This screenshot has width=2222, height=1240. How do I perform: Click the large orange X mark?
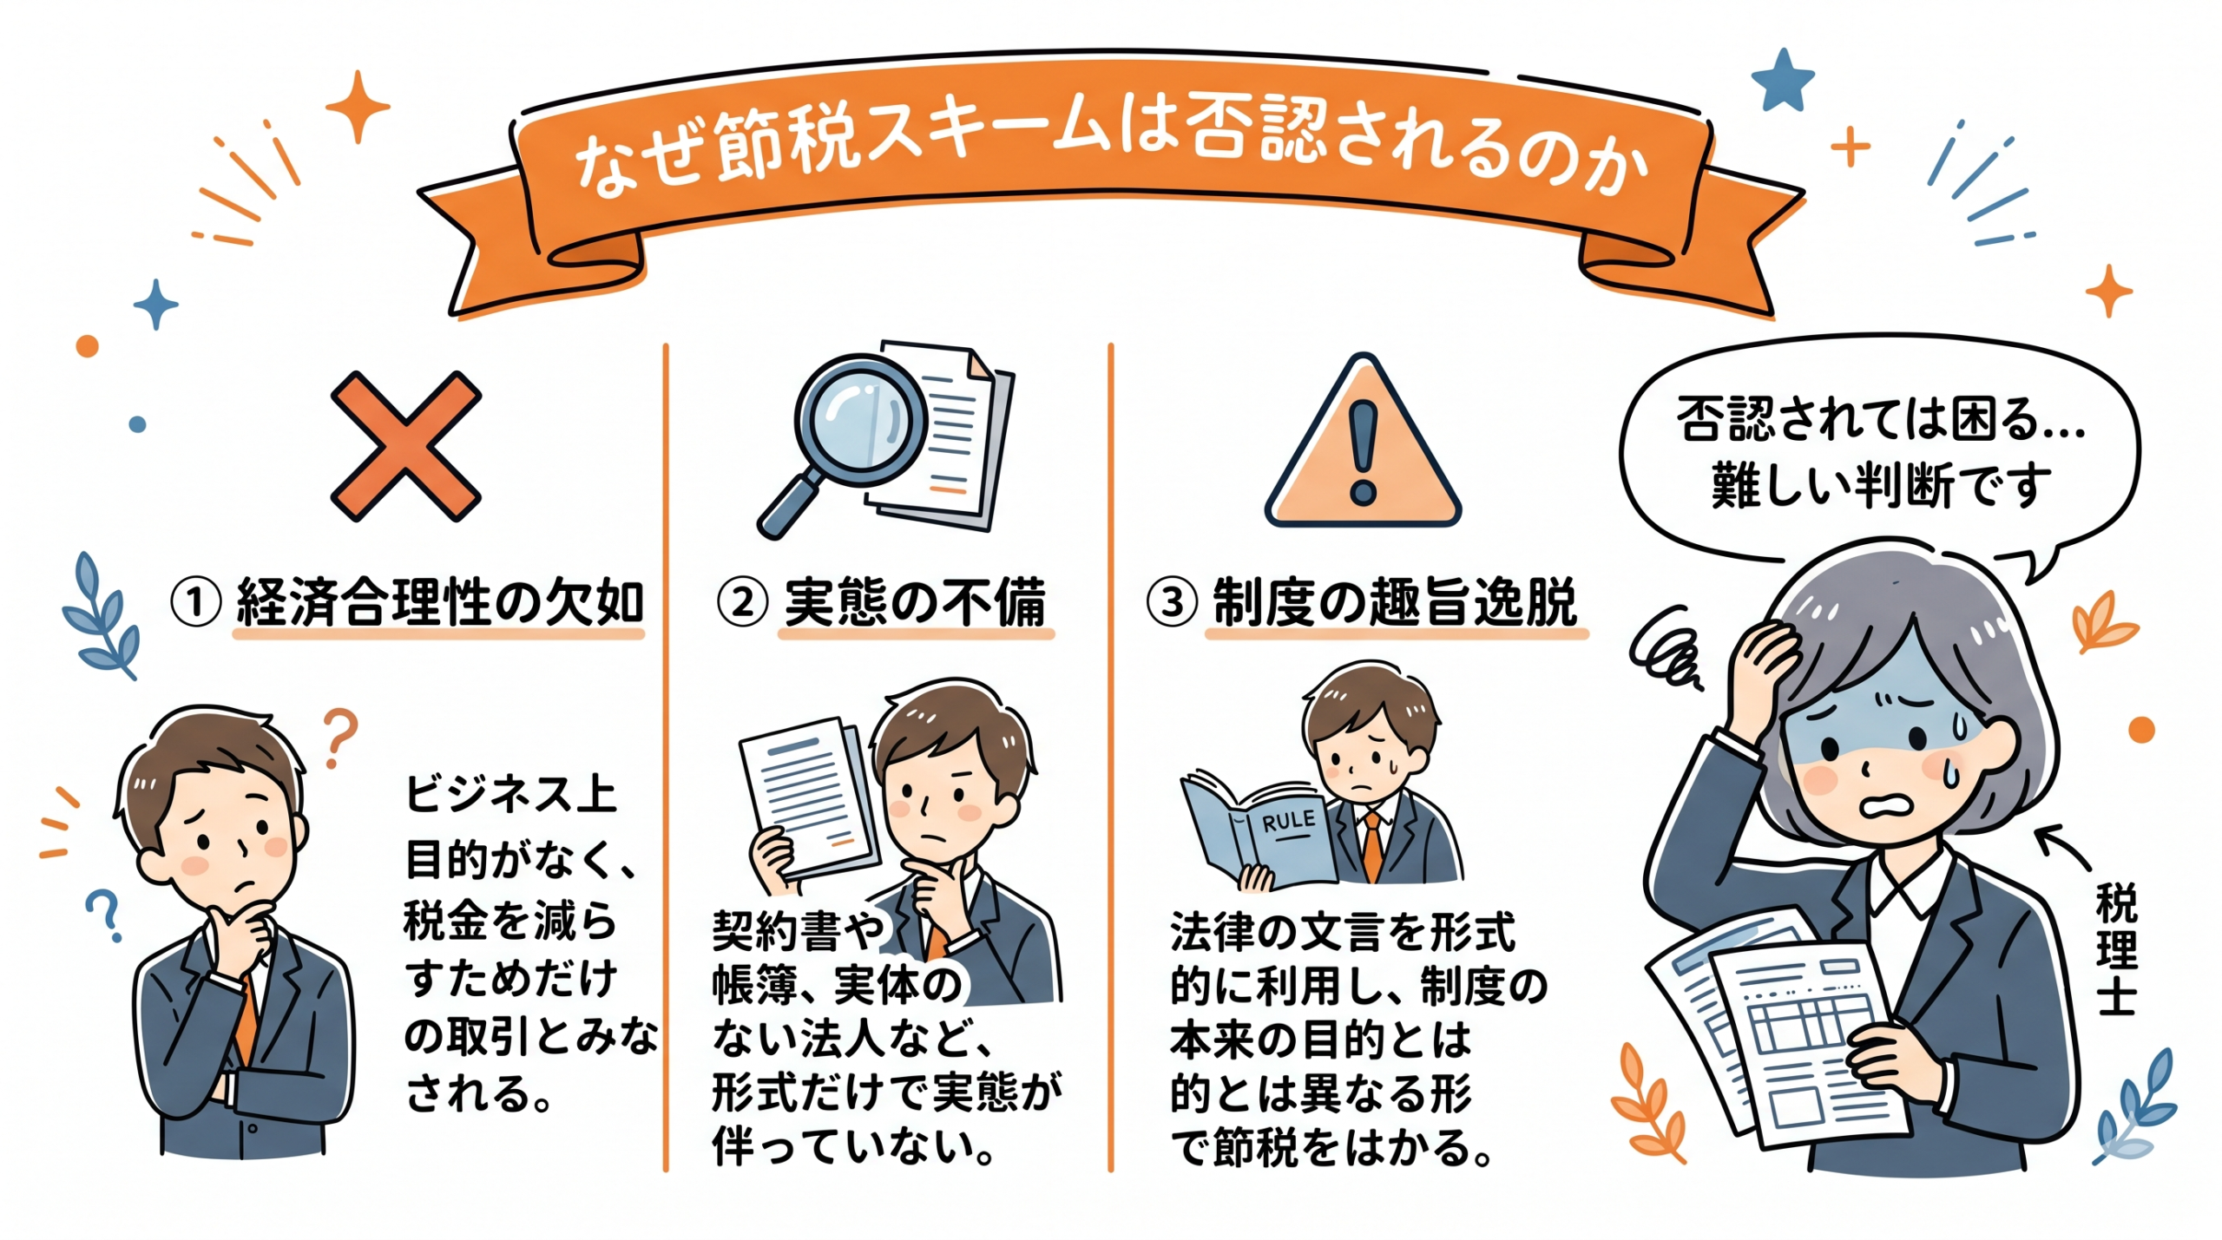[x=405, y=446]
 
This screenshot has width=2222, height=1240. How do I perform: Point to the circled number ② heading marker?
[x=741, y=602]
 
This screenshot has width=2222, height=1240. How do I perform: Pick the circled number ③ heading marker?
[x=1172, y=602]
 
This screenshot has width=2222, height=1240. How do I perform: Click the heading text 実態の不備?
[x=915, y=602]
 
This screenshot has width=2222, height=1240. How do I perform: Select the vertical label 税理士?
[x=2116, y=949]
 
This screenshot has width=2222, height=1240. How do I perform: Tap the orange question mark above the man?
[x=339, y=738]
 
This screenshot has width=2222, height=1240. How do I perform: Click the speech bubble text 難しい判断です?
[x=1880, y=487]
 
